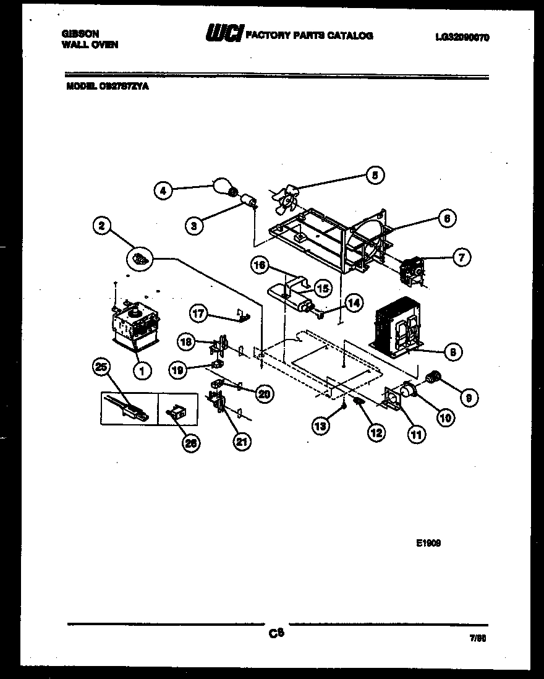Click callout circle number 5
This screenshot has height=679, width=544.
click(x=374, y=175)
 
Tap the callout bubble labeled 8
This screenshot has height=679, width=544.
click(x=453, y=352)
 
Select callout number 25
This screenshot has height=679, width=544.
click(x=100, y=367)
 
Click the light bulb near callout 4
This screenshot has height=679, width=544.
click(x=221, y=186)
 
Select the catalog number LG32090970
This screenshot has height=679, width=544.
click(x=462, y=37)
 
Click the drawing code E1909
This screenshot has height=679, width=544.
click(x=428, y=544)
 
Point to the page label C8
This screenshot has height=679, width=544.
click(x=275, y=633)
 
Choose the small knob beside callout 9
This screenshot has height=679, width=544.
click(x=433, y=375)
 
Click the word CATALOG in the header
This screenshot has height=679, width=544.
click(x=350, y=35)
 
